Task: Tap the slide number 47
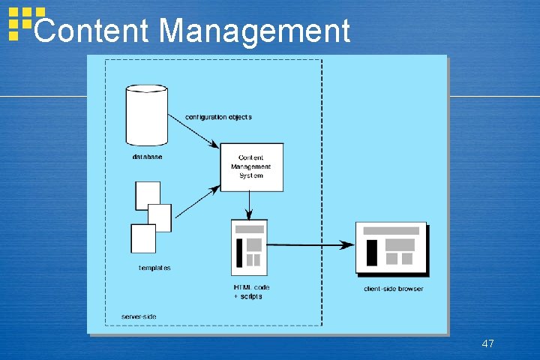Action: [487, 343]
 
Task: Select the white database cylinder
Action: [145, 116]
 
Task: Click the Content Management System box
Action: [251, 166]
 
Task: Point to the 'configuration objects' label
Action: [218, 117]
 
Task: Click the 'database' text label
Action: [147, 157]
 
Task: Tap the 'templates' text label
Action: [154, 268]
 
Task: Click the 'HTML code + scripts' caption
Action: [251, 292]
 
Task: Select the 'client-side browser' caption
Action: [393, 289]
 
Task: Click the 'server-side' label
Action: [139, 316]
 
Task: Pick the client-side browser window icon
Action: [391, 247]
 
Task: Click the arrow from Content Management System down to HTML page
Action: [250, 203]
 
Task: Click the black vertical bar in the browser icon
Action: [371, 252]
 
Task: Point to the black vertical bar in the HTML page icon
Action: [239, 253]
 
